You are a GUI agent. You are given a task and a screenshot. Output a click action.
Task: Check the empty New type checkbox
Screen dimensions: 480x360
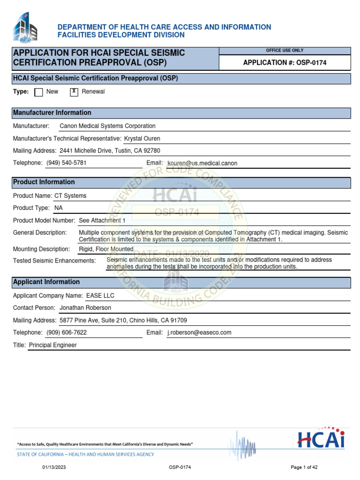coord(39,92)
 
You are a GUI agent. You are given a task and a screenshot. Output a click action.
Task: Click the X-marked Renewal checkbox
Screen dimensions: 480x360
coord(74,92)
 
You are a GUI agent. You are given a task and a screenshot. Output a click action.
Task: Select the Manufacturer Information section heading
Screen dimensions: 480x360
coord(52,113)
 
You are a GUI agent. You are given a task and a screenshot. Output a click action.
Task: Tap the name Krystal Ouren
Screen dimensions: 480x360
coord(142,139)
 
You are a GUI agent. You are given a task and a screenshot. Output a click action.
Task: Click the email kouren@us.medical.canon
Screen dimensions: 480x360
coord(202,163)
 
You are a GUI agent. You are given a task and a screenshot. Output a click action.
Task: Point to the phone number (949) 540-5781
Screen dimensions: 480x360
coord(66,163)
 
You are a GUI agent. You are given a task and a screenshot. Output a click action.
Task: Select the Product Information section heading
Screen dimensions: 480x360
coord(44,182)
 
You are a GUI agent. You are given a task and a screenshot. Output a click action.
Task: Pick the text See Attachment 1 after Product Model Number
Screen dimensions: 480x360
coord(102,220)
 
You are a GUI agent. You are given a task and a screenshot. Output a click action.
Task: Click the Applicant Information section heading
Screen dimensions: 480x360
coord(46,282)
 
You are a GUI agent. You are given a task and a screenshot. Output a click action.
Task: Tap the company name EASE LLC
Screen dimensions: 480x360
coord(100,296)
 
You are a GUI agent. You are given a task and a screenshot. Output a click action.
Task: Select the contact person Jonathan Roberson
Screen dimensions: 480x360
coord(85,308)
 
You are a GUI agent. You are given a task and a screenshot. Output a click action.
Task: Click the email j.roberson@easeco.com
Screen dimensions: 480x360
coord(199,332)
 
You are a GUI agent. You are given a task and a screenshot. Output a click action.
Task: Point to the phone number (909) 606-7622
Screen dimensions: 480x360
coord(66,332)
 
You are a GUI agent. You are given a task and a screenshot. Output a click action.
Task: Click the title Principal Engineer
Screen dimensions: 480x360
coord(52,345)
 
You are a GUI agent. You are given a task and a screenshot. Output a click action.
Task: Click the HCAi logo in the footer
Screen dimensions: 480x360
coord(321,438)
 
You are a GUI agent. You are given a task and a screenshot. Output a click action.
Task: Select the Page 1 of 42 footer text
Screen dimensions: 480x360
coord(304,467)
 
